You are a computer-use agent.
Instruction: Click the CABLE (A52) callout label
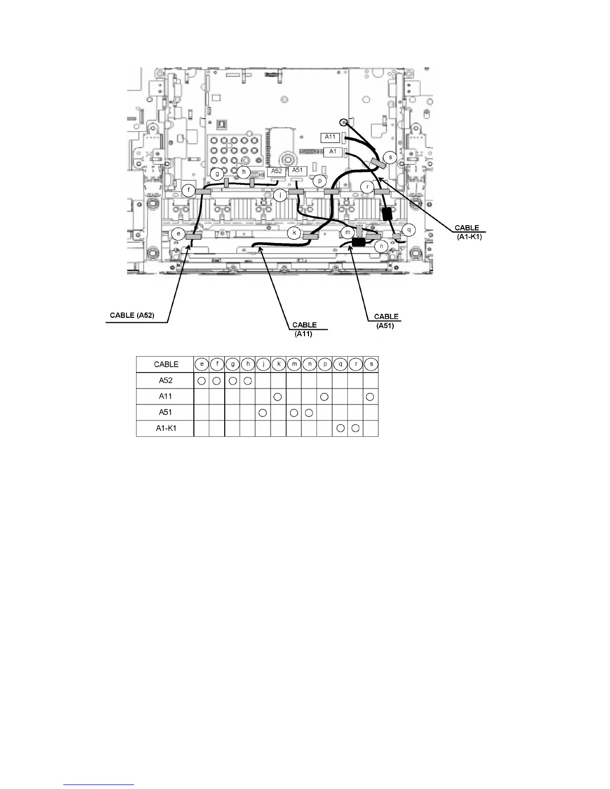coord(136,315)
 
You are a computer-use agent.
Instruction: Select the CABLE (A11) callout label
coord(304,329)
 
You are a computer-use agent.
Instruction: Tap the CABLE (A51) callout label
coord(386,321)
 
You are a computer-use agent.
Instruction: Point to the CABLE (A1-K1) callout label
coord(467,232)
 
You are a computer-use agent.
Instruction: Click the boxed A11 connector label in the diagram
coord(330,137)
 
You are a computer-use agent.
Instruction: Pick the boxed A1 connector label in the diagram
coord(333,151)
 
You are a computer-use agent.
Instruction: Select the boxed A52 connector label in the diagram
coord(277,171)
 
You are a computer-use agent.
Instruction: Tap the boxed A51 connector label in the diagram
coord(297,170)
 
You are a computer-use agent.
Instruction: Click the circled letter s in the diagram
coord(390,157)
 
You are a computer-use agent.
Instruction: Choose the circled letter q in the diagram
coord(409,230)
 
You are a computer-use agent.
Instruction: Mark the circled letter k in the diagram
coord(295,233)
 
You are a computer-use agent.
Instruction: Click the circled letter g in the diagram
coord(217,174)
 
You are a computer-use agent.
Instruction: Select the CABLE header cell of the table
coord(166,365)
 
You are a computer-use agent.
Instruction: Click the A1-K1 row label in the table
coord(166,428)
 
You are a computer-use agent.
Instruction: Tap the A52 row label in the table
coord(166,381)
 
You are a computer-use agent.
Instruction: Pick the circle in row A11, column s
coord(370,396)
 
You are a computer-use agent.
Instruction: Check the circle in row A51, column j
coord(263,412)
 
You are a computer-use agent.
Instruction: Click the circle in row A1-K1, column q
coord(340,428)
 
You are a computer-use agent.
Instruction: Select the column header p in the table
coord(325,365)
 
